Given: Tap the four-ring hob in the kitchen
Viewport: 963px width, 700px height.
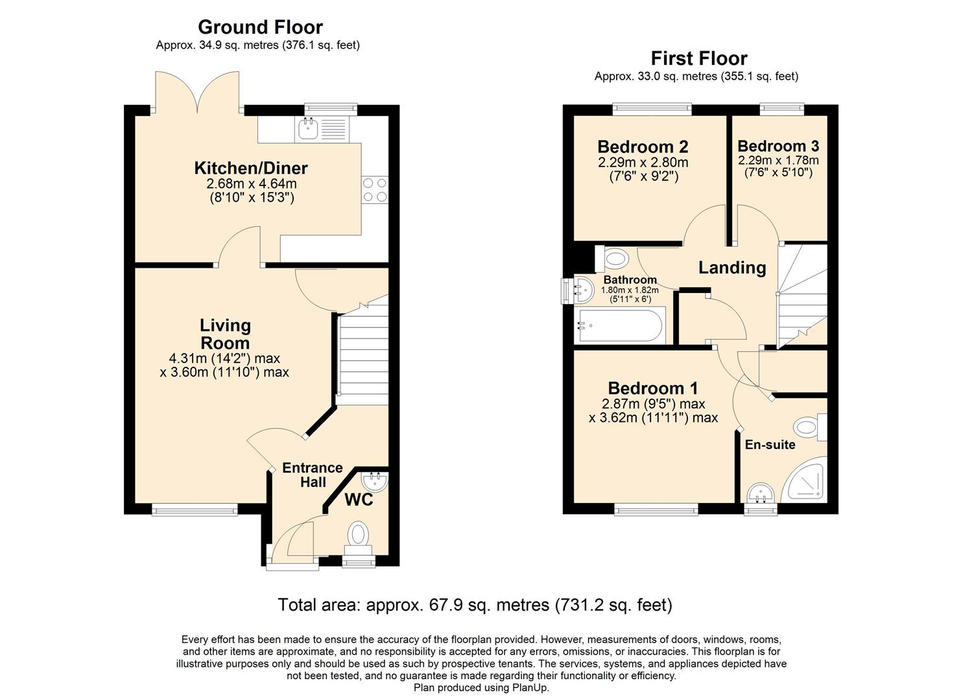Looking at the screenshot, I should pyautogui.click(x=374, y=189).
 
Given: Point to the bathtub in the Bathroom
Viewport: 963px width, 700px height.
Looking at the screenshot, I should pyautogui.click(x=620, y=326).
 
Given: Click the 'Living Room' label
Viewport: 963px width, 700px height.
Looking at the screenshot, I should pyautogui.click(x=225, y=334).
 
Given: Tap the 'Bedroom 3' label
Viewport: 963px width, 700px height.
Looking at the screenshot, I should pyautogui.click(x=778, y=146).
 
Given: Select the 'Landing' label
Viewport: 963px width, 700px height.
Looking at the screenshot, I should pyautogui.click(x=731, y=268).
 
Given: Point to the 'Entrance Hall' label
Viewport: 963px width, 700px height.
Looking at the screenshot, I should pyautogui.click(x=312, y=475).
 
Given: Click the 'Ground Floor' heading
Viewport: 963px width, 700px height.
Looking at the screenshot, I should pyautogui.click(x=260, y=27).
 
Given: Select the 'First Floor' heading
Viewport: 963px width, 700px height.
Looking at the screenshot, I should pyautogui.click(x=698, y=58).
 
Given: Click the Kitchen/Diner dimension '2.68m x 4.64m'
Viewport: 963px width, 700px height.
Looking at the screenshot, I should pyautogui.click(x=251, y=184).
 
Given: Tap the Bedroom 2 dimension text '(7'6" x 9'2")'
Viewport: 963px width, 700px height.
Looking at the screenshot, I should pyautogui.click(x=643, y=176).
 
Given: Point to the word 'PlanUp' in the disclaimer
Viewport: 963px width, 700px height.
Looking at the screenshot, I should pyautogui.click(x=530, y=688).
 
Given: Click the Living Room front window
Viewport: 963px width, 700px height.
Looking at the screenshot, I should pyautogui.click(x=195, y=510).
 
